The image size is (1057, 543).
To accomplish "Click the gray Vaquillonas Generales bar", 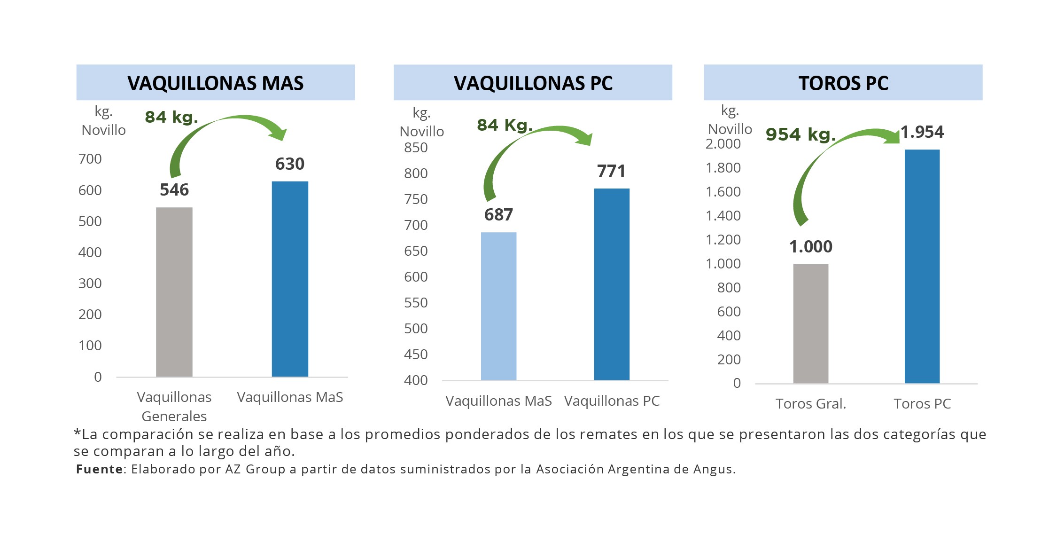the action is point(174,292).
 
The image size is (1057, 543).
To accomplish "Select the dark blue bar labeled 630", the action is point(290,279).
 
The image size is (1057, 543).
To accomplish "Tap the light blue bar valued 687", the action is point(498,306).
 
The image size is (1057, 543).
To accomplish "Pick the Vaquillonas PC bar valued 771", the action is point(612,284).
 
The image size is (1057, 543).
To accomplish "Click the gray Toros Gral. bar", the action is point(811,323).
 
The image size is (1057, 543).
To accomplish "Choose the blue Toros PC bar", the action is point(922,267).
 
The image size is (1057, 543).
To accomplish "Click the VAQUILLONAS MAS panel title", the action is point(216,83).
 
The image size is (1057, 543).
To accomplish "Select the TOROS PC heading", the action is point(843,83).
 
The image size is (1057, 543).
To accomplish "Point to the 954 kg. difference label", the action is point(801,134).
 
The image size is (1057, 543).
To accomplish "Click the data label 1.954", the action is point(922,132).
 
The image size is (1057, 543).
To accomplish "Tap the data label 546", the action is point(174,189).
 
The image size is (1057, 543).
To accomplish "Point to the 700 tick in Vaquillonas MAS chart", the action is point(90,159).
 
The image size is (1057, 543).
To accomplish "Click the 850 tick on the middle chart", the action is point(416,148).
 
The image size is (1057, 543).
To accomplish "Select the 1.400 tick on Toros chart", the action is point(723,216).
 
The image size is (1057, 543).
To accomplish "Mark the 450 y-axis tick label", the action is point(416,354).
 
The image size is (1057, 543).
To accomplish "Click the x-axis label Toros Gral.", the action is point(811,404).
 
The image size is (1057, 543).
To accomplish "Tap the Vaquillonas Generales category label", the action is point(174,407).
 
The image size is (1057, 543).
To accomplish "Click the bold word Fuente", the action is point(100,469).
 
